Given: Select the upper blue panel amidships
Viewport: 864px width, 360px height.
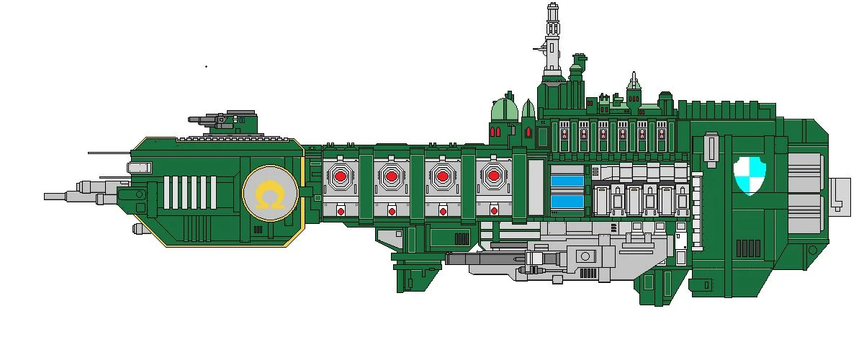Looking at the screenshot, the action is pos(566,179).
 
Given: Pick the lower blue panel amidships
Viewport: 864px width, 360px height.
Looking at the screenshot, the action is pos(566,202).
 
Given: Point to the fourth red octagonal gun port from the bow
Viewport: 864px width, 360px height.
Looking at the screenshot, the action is pos(494,174).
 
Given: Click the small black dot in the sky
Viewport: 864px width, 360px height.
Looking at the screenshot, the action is pos(206,67).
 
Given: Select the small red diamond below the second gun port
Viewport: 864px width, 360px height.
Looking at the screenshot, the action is pos(392,212).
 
